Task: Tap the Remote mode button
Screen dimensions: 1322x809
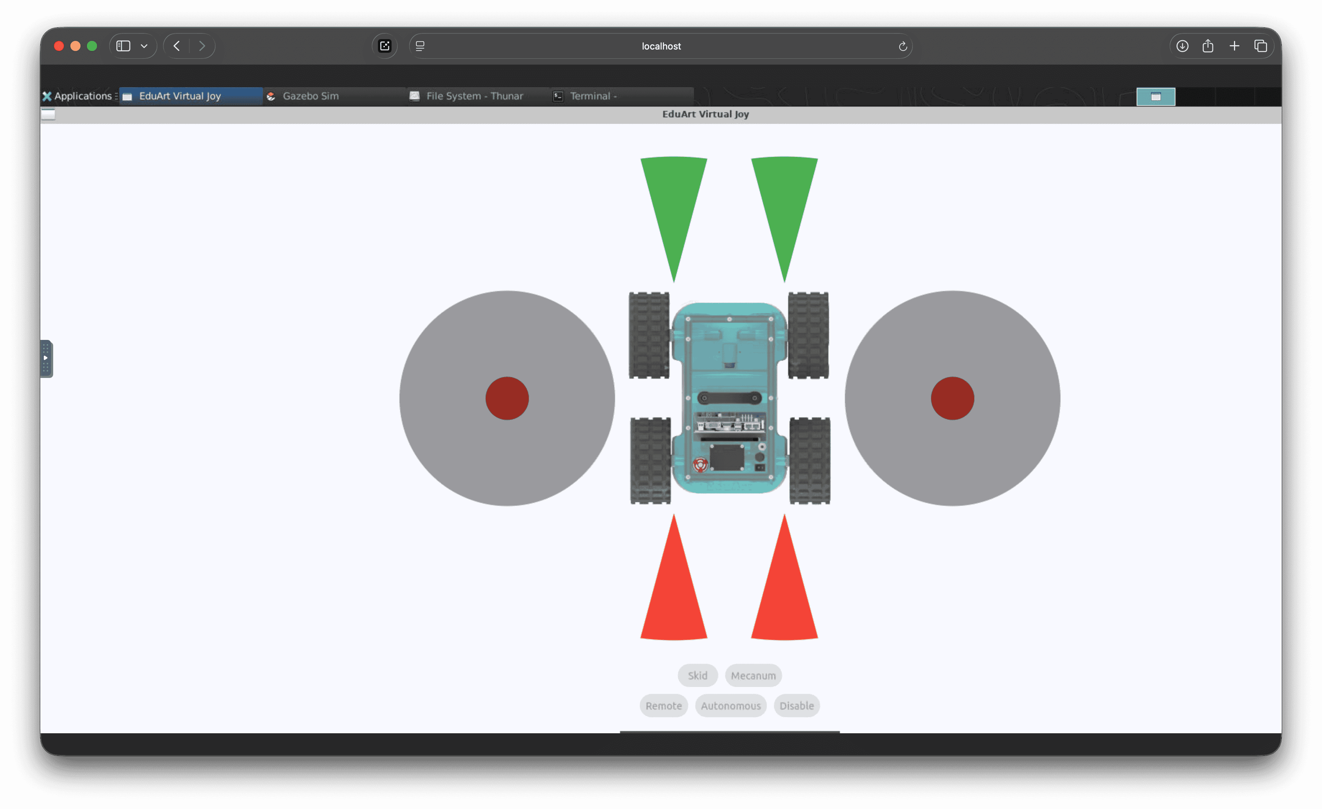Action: tap(663, 706)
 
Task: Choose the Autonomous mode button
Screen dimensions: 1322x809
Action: tap(730, 706)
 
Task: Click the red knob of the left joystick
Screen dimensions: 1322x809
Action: tap(507, 398)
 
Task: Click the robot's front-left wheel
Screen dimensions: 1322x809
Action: tap(649, 335)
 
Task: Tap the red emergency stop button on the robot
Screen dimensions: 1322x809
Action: tap(700, 464)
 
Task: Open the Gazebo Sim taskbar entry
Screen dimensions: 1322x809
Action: tap(310, 96)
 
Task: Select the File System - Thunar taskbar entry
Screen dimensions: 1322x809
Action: tap(474, 96)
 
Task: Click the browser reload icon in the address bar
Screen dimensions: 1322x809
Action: tap(902, 46)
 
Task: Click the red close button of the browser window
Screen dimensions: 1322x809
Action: tap(59, 46)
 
